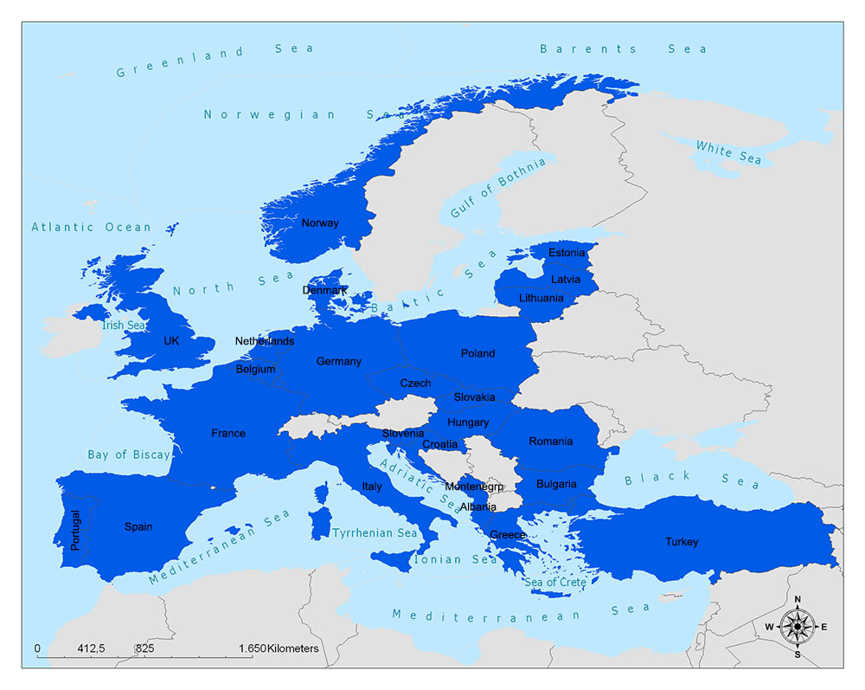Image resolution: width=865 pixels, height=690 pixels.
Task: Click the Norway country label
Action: (320, 223)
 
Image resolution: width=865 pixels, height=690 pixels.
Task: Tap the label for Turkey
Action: (682, 542)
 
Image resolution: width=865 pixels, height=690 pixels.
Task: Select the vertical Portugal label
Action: (75, 531)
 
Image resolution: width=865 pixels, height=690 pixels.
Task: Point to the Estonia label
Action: (567, 253)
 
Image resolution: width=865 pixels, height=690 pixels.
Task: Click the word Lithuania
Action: (541, 298)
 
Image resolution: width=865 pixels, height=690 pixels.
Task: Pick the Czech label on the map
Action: (415, 383)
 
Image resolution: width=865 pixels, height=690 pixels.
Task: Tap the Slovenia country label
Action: (403, 433)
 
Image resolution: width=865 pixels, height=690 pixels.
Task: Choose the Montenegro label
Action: (474, 487)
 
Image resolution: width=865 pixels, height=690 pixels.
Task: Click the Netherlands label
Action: (265, 341)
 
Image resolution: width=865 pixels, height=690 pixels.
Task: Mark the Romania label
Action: (551, 442)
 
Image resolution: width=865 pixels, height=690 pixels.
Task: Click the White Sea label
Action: (729, 152)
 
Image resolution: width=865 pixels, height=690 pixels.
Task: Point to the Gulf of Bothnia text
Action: (498, 188)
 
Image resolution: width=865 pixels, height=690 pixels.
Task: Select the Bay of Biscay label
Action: (129, 455)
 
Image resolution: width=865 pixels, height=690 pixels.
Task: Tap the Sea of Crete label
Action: (555, 582)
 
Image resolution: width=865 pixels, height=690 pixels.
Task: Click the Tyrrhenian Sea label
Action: (375, 533)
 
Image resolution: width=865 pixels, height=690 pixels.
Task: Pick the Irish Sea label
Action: (125, 326)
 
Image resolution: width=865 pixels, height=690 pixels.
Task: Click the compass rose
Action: (797, 626)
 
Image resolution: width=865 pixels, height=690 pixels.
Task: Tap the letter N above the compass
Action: (798, 599)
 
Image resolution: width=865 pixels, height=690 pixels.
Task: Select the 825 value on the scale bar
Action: (144, 648)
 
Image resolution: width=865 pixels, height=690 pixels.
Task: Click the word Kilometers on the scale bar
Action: (293, 648)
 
